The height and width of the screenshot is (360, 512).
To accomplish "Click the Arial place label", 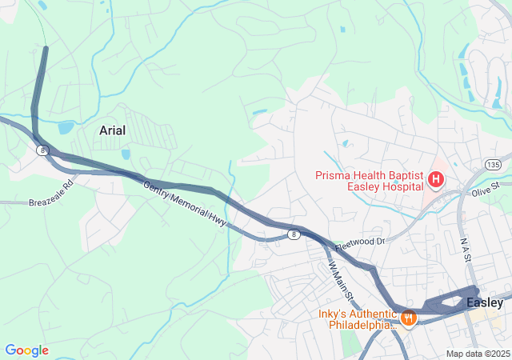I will point(112,130).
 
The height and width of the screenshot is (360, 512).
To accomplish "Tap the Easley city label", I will point(485,302).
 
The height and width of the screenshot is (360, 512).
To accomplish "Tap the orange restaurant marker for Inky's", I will point(408,318).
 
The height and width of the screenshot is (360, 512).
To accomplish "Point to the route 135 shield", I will point(492,164).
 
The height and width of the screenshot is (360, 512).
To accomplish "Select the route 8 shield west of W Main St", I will point(294,234).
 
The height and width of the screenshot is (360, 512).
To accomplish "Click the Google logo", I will point(26,350).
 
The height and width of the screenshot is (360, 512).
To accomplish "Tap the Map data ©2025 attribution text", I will point(477,354).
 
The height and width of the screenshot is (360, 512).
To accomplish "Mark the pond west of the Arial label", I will point(66,128).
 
